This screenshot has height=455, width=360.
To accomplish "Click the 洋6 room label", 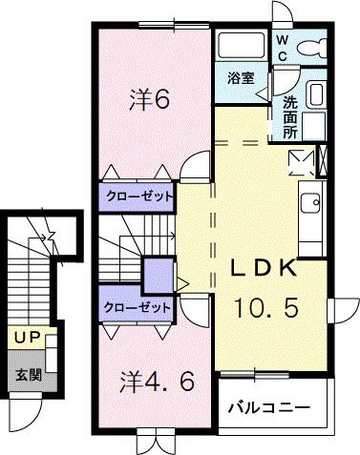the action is (x=150, y=99).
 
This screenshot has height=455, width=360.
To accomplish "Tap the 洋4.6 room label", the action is (x=158, y=382).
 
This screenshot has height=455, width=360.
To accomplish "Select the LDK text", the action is (x=264, y=269).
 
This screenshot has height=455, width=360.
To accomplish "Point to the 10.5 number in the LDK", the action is (x=266, y=307).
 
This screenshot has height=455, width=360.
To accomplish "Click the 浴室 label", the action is (x=241, y=78).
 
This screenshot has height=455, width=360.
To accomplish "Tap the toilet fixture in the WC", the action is (x=312, y=48).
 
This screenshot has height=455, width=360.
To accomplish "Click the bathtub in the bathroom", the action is (x=241, y=45).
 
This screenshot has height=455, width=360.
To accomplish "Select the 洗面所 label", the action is (x=290, y=117).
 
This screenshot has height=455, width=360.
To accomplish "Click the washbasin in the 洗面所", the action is (x=316, y=93).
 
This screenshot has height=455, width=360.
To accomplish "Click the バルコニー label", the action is (x=269, y=407).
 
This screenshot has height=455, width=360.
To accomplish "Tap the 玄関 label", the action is (x=29, y=375).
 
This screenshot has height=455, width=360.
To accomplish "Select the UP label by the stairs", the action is (x=27, y=338).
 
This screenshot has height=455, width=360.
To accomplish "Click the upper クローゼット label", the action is (x=139, y=196).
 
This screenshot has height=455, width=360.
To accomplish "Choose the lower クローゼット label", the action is (x=137, y=307).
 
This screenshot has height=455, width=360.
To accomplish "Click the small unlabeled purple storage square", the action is (x=159, y=275).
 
